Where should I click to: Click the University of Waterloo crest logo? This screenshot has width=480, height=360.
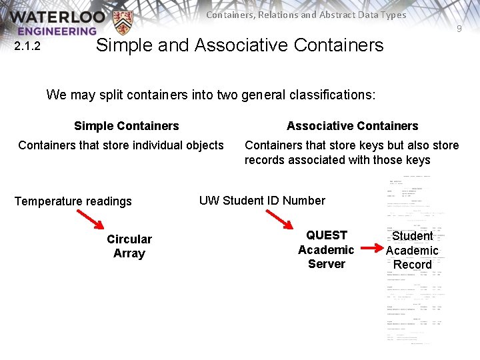click(x=123, y=23)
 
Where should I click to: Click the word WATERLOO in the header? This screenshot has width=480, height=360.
click(x=57, y=17)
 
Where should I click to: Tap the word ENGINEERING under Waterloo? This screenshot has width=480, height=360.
click(x=57, y=31)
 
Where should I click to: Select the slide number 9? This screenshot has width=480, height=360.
click(x=459, y=29)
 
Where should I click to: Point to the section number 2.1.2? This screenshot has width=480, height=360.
click(x=27, y=46)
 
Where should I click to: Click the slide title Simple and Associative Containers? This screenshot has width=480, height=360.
click(x=240, y=45)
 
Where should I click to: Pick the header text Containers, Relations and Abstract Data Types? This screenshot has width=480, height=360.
click(x=306, y=15)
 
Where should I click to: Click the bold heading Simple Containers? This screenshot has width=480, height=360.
click(x=127, y=126)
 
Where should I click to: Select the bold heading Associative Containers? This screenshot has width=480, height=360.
click(x=352, y=126)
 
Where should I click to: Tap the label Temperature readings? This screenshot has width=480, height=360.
click(x=73, y=201)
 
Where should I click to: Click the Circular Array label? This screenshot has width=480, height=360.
click(x=129, y=246)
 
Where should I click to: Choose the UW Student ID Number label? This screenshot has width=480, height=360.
click(x=262, y=201)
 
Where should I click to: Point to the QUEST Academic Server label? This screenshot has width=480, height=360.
click(x=326, y=249)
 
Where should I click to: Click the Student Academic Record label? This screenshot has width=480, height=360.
click(x=412, y=250)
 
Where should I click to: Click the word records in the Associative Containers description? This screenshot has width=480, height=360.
click(x=263, y=160)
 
